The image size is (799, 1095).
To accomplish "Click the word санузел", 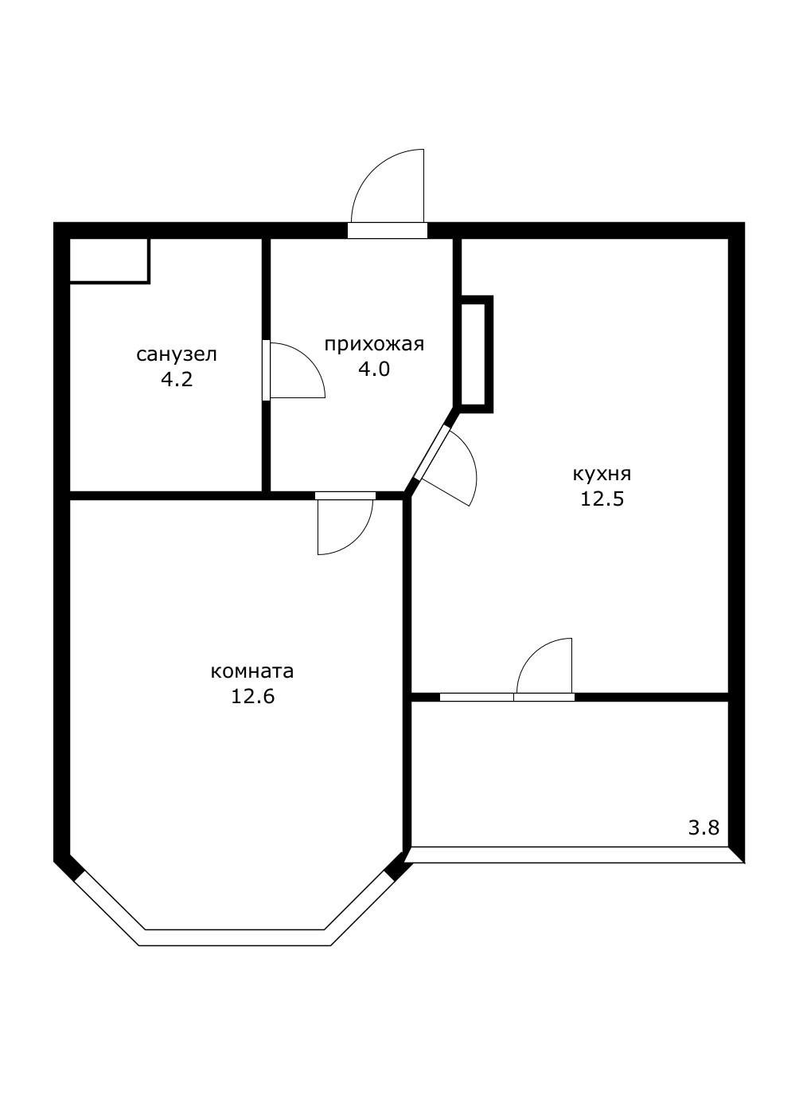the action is [177, 354].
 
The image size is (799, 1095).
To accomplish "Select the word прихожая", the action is [374, 345].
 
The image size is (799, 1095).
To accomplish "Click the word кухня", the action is [602, 474].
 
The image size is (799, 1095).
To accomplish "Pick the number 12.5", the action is [602, 499].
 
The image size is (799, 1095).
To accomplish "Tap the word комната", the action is [252, 671].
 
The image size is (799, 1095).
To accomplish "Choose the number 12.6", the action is [252, 696].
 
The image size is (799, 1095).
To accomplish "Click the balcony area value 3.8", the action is [704, 828].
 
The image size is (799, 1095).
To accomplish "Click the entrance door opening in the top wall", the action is [388, 230].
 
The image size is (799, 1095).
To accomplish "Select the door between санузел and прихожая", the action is [266, 370].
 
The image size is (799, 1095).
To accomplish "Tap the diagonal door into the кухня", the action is [432, 453].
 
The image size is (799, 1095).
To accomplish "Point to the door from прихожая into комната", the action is [345, 495].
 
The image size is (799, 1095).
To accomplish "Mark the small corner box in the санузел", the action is [109, 261].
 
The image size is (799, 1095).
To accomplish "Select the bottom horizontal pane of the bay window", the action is [235, 937].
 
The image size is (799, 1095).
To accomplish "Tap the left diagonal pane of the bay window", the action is [109, 908].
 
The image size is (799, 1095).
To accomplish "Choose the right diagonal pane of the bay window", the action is [360, 909].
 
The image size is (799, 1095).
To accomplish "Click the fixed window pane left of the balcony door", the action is [477, 697].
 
